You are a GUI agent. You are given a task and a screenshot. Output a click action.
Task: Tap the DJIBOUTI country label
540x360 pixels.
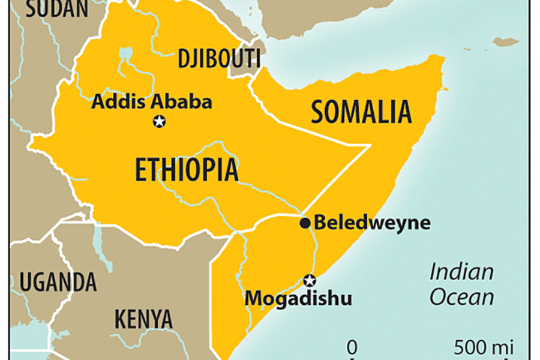pos(219,59)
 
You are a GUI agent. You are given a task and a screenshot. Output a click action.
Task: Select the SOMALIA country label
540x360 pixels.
pos(361,112)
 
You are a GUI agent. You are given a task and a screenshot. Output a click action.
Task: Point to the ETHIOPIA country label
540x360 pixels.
pos(186,170)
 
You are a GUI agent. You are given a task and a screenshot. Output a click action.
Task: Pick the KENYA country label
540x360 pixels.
pos(143,318)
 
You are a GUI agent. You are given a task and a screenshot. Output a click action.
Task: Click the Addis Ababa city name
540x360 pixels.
pos(152,101)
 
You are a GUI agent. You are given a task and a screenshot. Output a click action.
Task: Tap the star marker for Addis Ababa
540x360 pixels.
pos(159,122)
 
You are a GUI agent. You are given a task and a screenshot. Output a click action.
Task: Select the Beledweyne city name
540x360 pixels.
pos(372,223)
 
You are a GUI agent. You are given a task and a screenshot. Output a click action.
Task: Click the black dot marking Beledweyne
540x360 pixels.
pos(305,223)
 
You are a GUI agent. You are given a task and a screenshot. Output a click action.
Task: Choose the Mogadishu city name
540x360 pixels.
pos(298,298)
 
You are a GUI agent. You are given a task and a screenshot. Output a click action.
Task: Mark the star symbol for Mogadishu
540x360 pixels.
pos(310,280)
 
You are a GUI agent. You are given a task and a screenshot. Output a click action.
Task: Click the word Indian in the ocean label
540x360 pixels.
pos(461,272)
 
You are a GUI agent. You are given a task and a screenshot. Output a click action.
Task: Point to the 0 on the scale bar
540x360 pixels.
pos(352,347)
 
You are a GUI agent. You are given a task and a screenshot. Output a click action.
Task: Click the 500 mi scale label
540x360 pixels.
pos(484,347)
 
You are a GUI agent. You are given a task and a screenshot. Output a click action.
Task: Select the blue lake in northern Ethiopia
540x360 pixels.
pos(125,55)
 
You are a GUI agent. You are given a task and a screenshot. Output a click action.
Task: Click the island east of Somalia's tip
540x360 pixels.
pos(506,41)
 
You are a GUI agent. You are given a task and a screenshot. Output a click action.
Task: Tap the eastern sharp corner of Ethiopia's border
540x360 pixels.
pos(368,145)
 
